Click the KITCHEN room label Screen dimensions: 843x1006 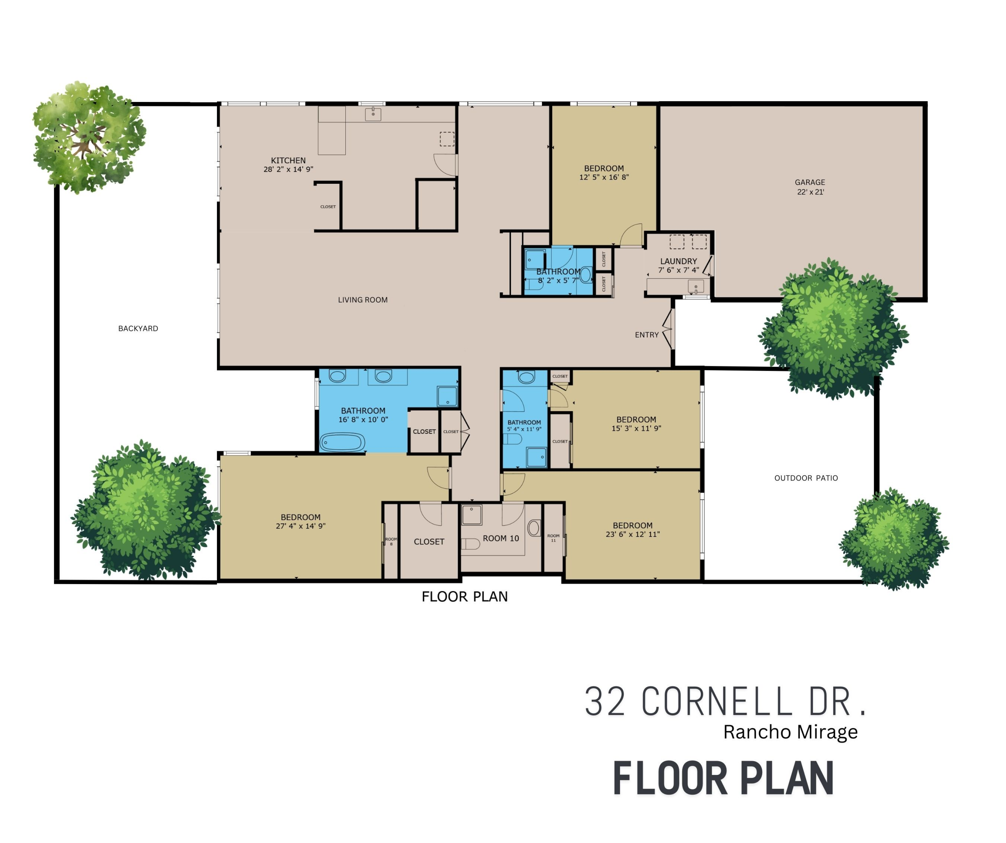pyautogui.click(x=288, y=161)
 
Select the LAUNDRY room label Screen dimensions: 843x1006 pyautogui.click(x=678, y=262)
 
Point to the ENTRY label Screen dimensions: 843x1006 pyautogui.click(x=647, y=335)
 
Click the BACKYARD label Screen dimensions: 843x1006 pyautogui.click(x=138, y=329)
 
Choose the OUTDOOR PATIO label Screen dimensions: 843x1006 pyautogui.click(x=806, y=478)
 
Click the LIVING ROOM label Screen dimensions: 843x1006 pyautogui.click(x=362, y=300)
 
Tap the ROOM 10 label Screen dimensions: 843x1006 pyautogui.click(x=501, y=539)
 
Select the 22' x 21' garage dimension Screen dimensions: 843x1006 pyautogui.click(x=811, y=192)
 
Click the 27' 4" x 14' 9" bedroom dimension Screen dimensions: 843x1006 pyautogui.click(x=300, y=526)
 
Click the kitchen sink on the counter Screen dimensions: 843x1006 pyautogui.click(x=373, y=114)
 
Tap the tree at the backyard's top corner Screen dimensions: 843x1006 pyautogui.click(x=89, y=137)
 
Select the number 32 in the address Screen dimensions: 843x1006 pyautogui.click(x=605, y=702)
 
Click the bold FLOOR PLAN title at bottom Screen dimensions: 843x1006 pyautogui.click(x=723, y=779)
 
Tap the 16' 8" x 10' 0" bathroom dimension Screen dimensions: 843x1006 pyautogui.click(x=363, y=419)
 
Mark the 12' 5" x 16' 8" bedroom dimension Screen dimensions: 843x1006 pyautogui.click(x=604, y=177)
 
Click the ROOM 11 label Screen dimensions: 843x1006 pyautogui.click(x=553, y=538)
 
